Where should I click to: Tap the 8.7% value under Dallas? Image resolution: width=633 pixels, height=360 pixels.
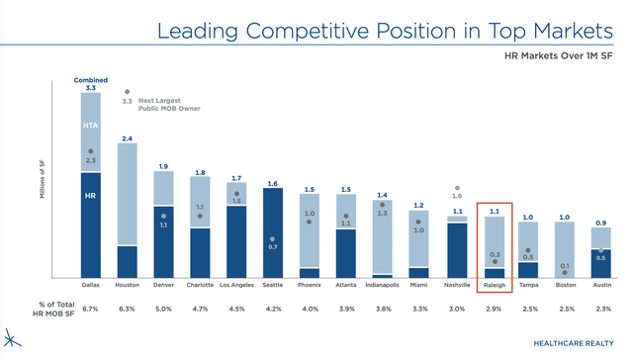[x=90, y=308]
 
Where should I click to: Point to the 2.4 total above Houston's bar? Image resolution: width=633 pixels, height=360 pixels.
[x=127, y=137]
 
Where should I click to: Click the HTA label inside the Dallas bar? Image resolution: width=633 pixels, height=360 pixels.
[x=90, y=126]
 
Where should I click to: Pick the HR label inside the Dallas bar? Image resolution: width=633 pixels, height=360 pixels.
[x=90, y=195]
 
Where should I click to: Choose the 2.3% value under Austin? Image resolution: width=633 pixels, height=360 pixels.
[x=602, y=308]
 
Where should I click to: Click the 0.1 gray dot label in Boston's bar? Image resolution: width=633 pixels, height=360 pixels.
[x=566, y=265]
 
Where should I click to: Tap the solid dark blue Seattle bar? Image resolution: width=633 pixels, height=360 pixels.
[x=272, y=232]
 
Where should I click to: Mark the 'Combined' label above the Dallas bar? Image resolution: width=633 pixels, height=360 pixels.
[x=90, y=79]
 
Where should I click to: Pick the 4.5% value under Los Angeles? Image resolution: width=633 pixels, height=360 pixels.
[x=236, y=308]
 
